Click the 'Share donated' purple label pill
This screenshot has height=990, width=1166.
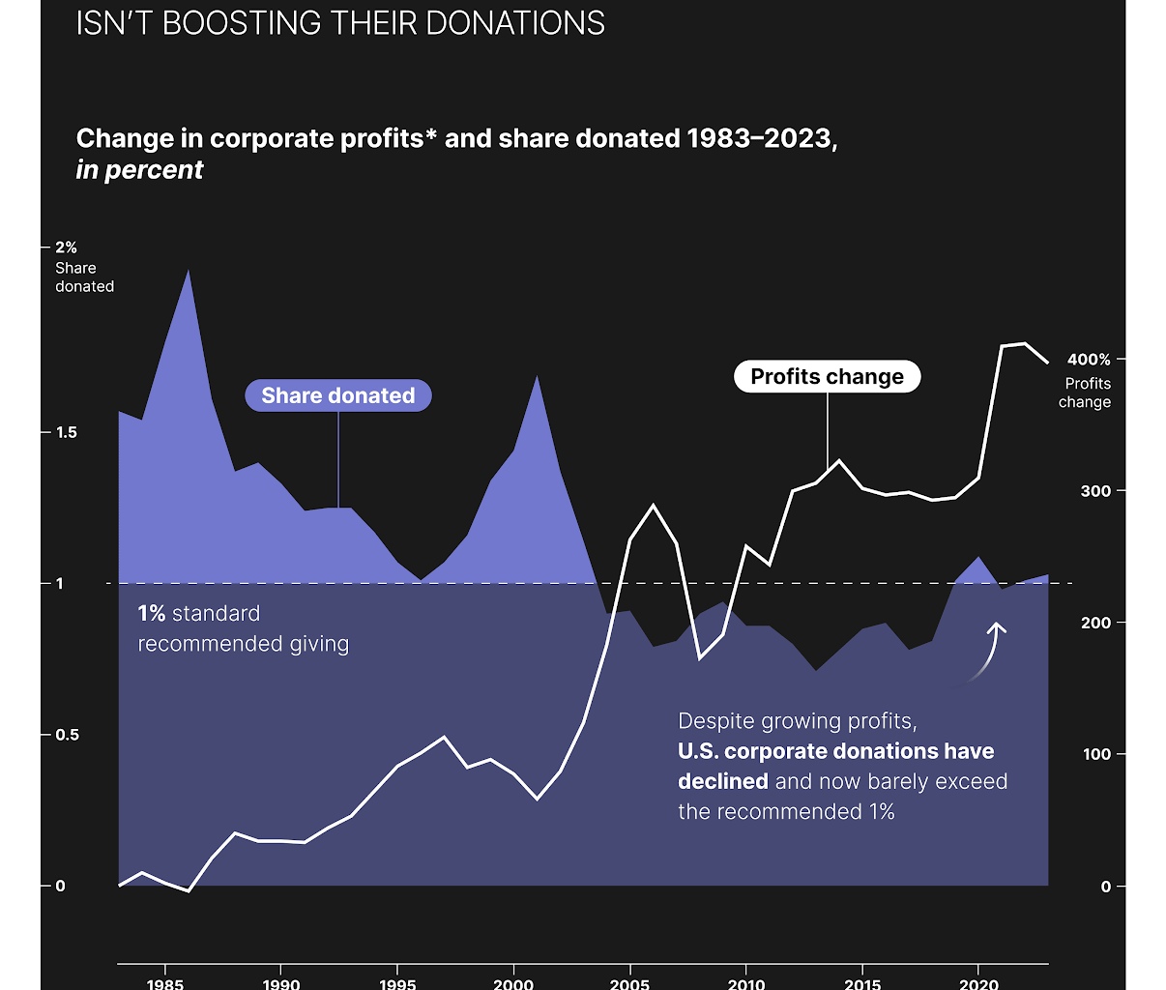(x=337, y=395)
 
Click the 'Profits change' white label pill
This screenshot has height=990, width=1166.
(x=827, y=377)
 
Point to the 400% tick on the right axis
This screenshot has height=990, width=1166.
(x=1089, y=360)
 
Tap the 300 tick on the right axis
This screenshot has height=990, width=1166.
(x=1095, y=491)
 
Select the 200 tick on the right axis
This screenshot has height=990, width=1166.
(x=1095, y=623)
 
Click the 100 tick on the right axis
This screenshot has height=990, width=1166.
(x=1096, y=754)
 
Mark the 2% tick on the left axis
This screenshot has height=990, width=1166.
(x=66, y=248)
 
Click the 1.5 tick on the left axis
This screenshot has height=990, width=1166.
(x=66, y=432)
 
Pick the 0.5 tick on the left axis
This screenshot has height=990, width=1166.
(x=66, y=735)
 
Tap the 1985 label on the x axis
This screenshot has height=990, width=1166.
(x=165, y=983)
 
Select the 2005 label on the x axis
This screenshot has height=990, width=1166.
(x=630, y=983)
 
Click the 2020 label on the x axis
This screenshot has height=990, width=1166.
(x=978, y=983)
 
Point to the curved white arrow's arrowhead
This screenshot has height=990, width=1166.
(x=997, y=627)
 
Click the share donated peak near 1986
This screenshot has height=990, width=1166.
(x=189, y=271)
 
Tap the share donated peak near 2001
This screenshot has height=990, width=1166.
(x=537, y=376)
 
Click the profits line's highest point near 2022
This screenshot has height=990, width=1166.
(x=1024, y=343)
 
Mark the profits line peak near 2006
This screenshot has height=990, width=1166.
(x=654, y=505)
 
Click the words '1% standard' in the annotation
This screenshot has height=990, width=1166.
(x=198, y=614)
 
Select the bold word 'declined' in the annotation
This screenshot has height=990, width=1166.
(x=723, y=781)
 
